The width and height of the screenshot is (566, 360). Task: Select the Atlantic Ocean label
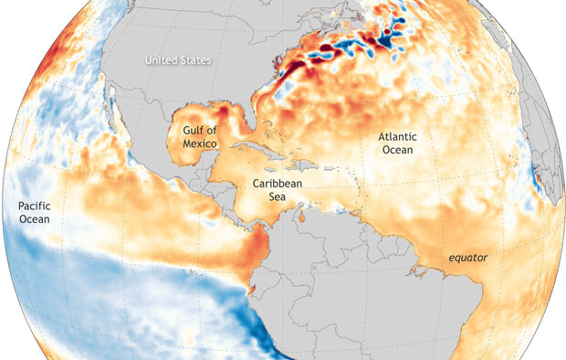(396, 143)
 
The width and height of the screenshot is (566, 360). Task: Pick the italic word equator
(466, 259)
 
